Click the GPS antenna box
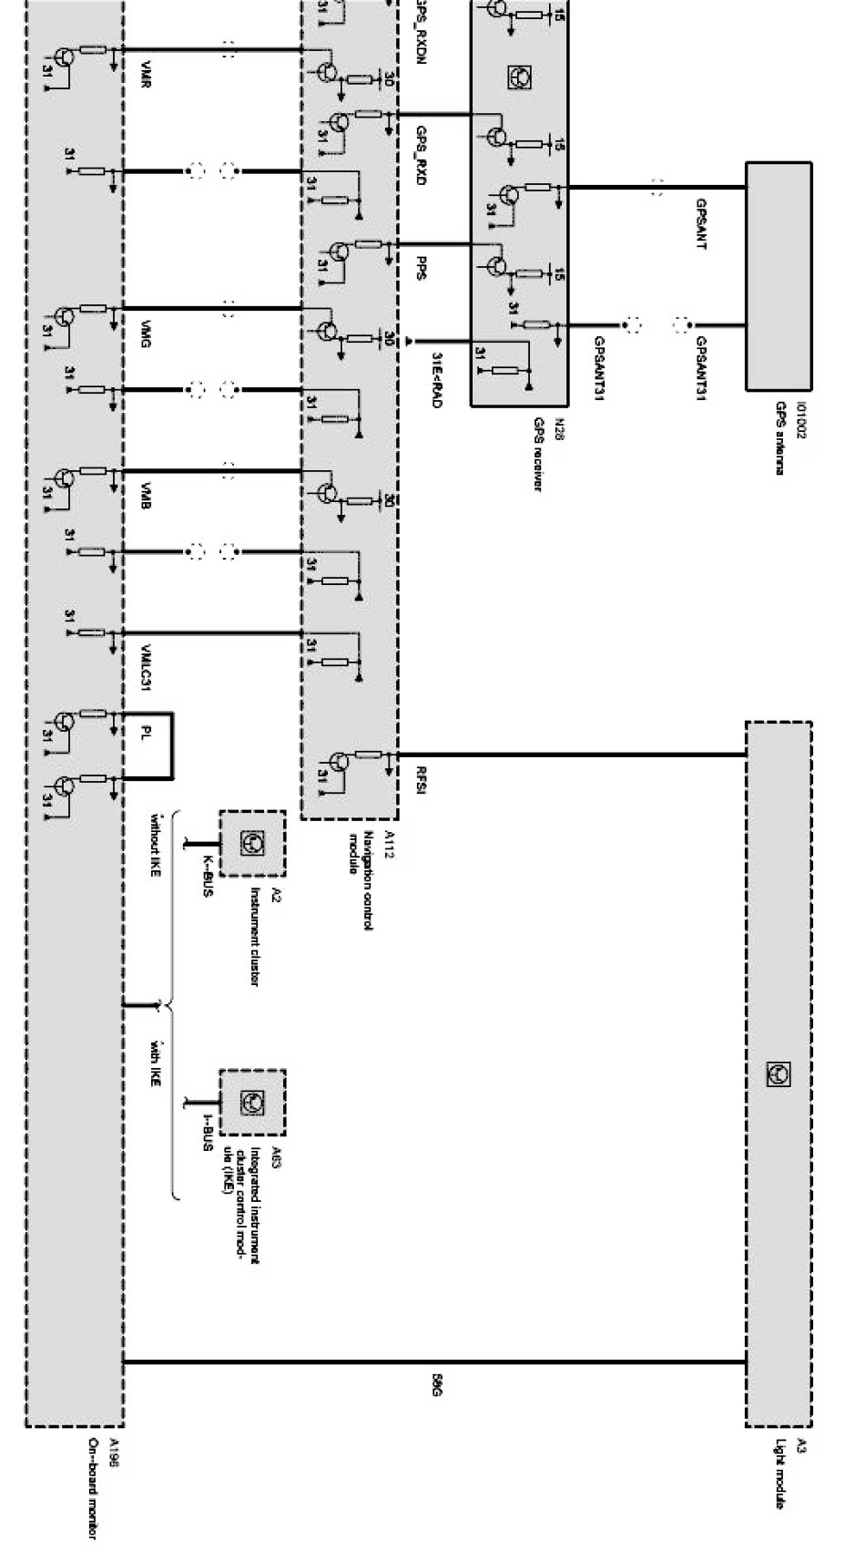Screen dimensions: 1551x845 (778, 276)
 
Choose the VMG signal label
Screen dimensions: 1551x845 (147, 335)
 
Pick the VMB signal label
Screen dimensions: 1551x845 (147, 498)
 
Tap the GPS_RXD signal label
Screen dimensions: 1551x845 (421, 158)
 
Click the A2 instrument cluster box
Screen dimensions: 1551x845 (251, 844)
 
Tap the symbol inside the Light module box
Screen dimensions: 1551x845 (778, 1074)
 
